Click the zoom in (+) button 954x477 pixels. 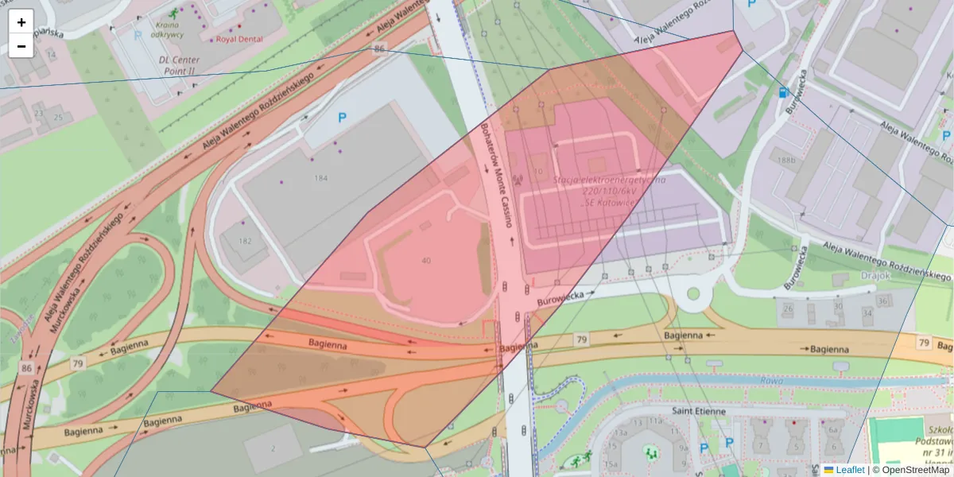pyautogui.click(x=21, y=22)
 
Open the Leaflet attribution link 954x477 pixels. pyautogui.click(x=850, y=470)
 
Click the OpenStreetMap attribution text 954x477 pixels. pyautogui.click(x=915, y=470)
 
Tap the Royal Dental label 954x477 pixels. pyautogui.click(x=238, y=38)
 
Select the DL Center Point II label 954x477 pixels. pyautogui.click(x=176, y=64)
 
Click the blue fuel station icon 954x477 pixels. pyautogui.click(x=784, y=92)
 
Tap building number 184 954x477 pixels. pyautogui.click(x=320, y=178)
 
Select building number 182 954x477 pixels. pyautogui.click(x=244, y=241)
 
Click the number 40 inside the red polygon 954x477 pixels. pyautogui.click(x=426, y=261)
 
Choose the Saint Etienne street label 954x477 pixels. pyautogui.click(x=699, y=411)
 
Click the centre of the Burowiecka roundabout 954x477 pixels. pyautogui.click(x=692, y=294)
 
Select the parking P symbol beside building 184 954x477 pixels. pyautogui.click(x=342, y=118)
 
